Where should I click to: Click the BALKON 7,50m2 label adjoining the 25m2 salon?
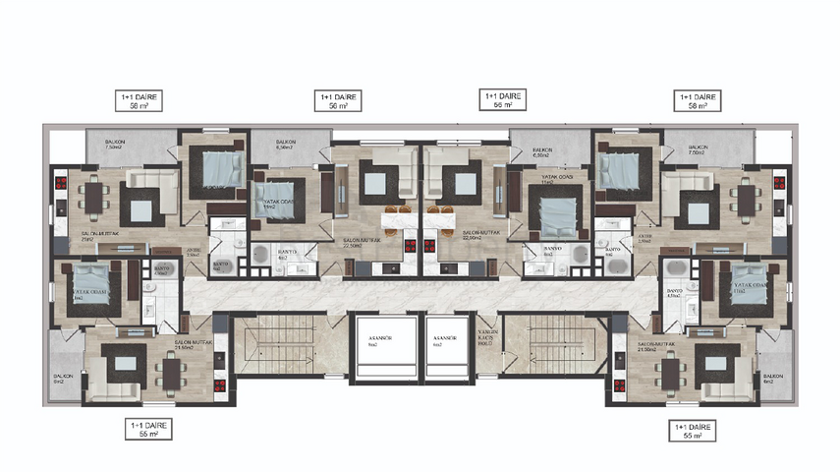[x=125, y=147]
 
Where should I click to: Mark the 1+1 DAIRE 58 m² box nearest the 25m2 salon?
[x=138, y=99]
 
